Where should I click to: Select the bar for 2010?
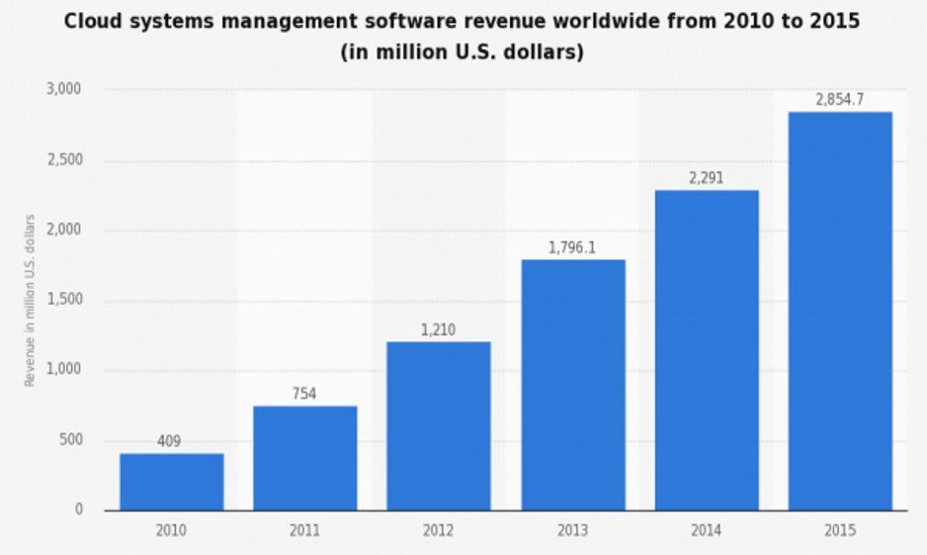(172, 482)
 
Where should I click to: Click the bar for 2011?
(304, 458)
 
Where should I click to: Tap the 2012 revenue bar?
(438, 426)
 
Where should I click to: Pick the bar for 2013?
(572, 385)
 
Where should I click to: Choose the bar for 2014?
(707, 350)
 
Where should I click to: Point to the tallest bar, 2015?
(839, 311)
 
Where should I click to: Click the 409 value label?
(169, 441)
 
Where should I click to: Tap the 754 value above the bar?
(303, 394)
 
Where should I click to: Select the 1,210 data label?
(438, 329)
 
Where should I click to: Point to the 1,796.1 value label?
(572, 247)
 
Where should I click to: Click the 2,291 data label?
(707, 178)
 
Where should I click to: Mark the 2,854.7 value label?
(839, 99)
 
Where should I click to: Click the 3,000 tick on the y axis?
(63, 90)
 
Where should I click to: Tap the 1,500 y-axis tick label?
(63, 301)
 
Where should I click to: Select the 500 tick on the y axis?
(69, 440)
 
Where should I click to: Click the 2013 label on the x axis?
(572, 531)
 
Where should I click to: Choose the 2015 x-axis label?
(839, 531)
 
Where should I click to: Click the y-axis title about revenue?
(30, 300)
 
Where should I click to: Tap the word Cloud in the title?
(95, 22)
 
